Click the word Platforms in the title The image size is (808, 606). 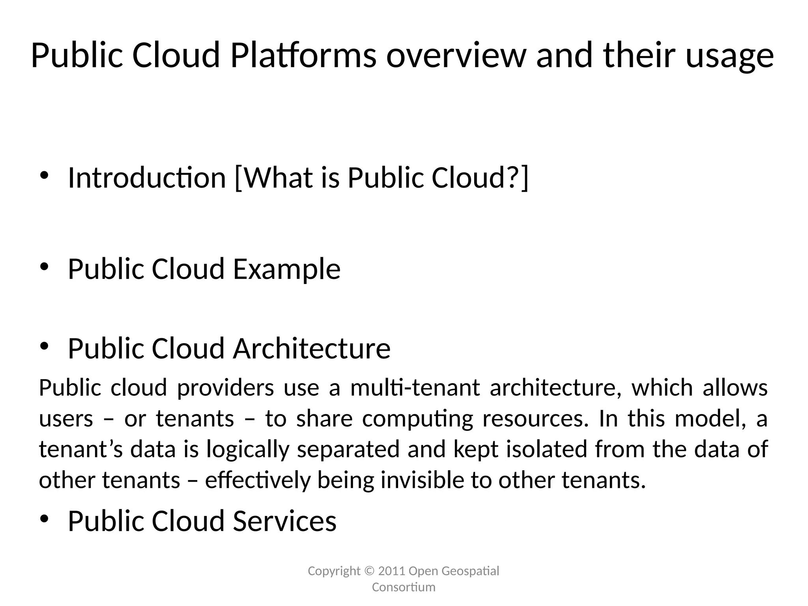click(303, 55)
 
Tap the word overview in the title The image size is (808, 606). click(456, 55)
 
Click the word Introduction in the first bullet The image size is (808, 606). click(147, 178)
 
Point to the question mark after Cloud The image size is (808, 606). click(512, 178)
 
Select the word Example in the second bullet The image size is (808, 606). click(286, 269)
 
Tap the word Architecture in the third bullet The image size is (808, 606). click(312, 349)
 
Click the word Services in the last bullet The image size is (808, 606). click(284, 521)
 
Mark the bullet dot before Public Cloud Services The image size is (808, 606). click(44, 519)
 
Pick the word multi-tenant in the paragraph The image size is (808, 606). click(415, 388)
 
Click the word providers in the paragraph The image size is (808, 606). click(225, 388)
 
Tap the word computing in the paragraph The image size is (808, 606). click(417, 419)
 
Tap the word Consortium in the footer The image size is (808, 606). click(404, 587)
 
